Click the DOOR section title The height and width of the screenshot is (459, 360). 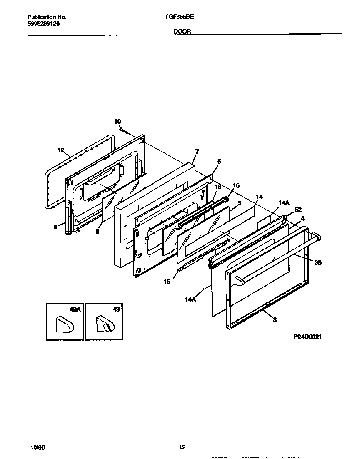[182, 31]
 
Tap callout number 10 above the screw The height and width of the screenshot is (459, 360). [117, 121]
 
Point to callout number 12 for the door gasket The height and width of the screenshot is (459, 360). [61, 150]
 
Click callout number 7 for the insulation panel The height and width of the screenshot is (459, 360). [197, 151]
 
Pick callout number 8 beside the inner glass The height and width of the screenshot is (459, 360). [97, 231]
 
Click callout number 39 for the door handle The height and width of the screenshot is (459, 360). [318, 263]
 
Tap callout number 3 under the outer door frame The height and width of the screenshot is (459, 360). [274, 319]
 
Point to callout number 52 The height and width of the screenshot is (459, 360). [297, 210]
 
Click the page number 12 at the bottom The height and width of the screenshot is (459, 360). [182, 447]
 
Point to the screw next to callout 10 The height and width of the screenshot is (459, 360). [124, 130]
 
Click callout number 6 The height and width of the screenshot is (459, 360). [219, 162]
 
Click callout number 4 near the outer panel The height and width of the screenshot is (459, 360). [302, 218]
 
